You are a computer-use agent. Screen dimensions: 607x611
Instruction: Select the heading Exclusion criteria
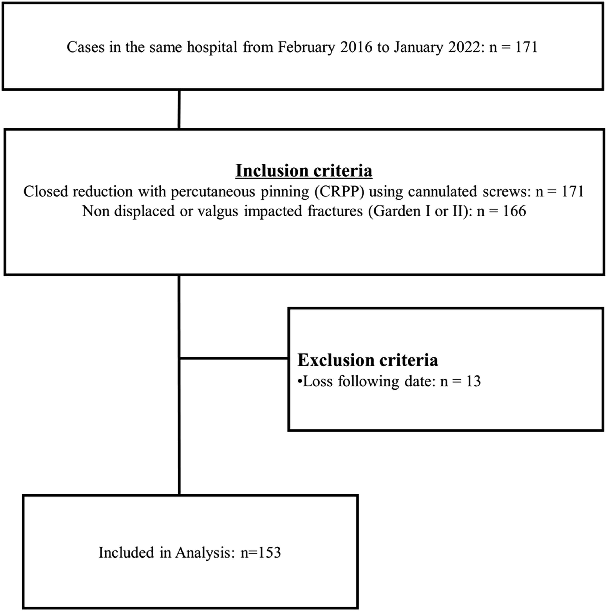tap(368, 360)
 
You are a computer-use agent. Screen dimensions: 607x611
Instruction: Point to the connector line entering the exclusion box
tap(234, 358)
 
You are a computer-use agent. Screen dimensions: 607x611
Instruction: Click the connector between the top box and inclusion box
tap(179, 109)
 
